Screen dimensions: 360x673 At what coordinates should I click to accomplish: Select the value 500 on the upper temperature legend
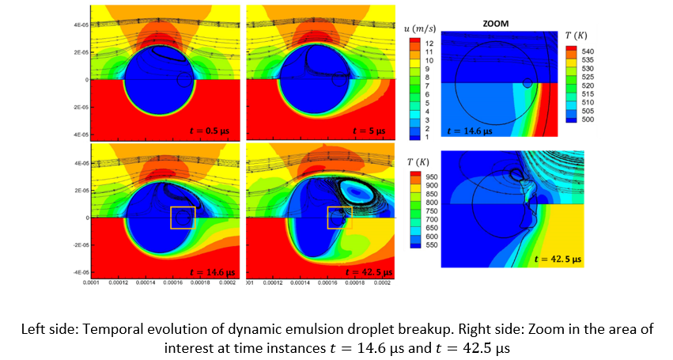588,120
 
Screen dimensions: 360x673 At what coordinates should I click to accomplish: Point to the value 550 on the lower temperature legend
432,245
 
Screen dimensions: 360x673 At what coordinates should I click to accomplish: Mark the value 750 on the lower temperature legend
432,211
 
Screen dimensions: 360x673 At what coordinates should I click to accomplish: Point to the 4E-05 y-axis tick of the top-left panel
81,25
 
